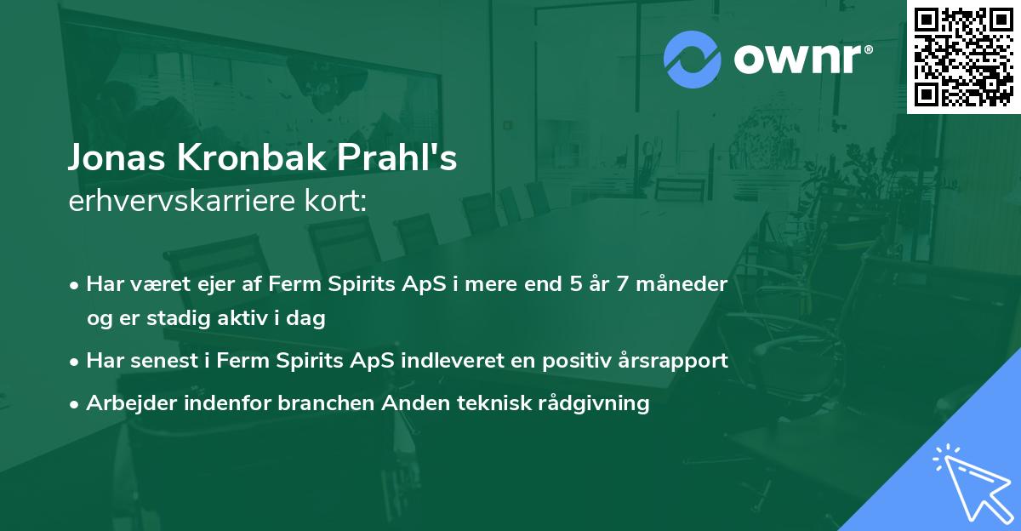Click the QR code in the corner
click(963, 57)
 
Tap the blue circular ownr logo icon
click(692, 60)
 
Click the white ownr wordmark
click(802, 60)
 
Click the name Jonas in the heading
click(117, 157)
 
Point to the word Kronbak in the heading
click(252, 157)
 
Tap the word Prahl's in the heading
click(397, 157)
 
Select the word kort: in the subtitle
click(335, 200)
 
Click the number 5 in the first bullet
click(576, 283)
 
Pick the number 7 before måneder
click(622, 283)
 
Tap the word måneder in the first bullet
click(682, 283)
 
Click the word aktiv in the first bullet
click(242, 317)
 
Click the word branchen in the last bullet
click(326, 403)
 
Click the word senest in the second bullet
click(164, 361)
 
